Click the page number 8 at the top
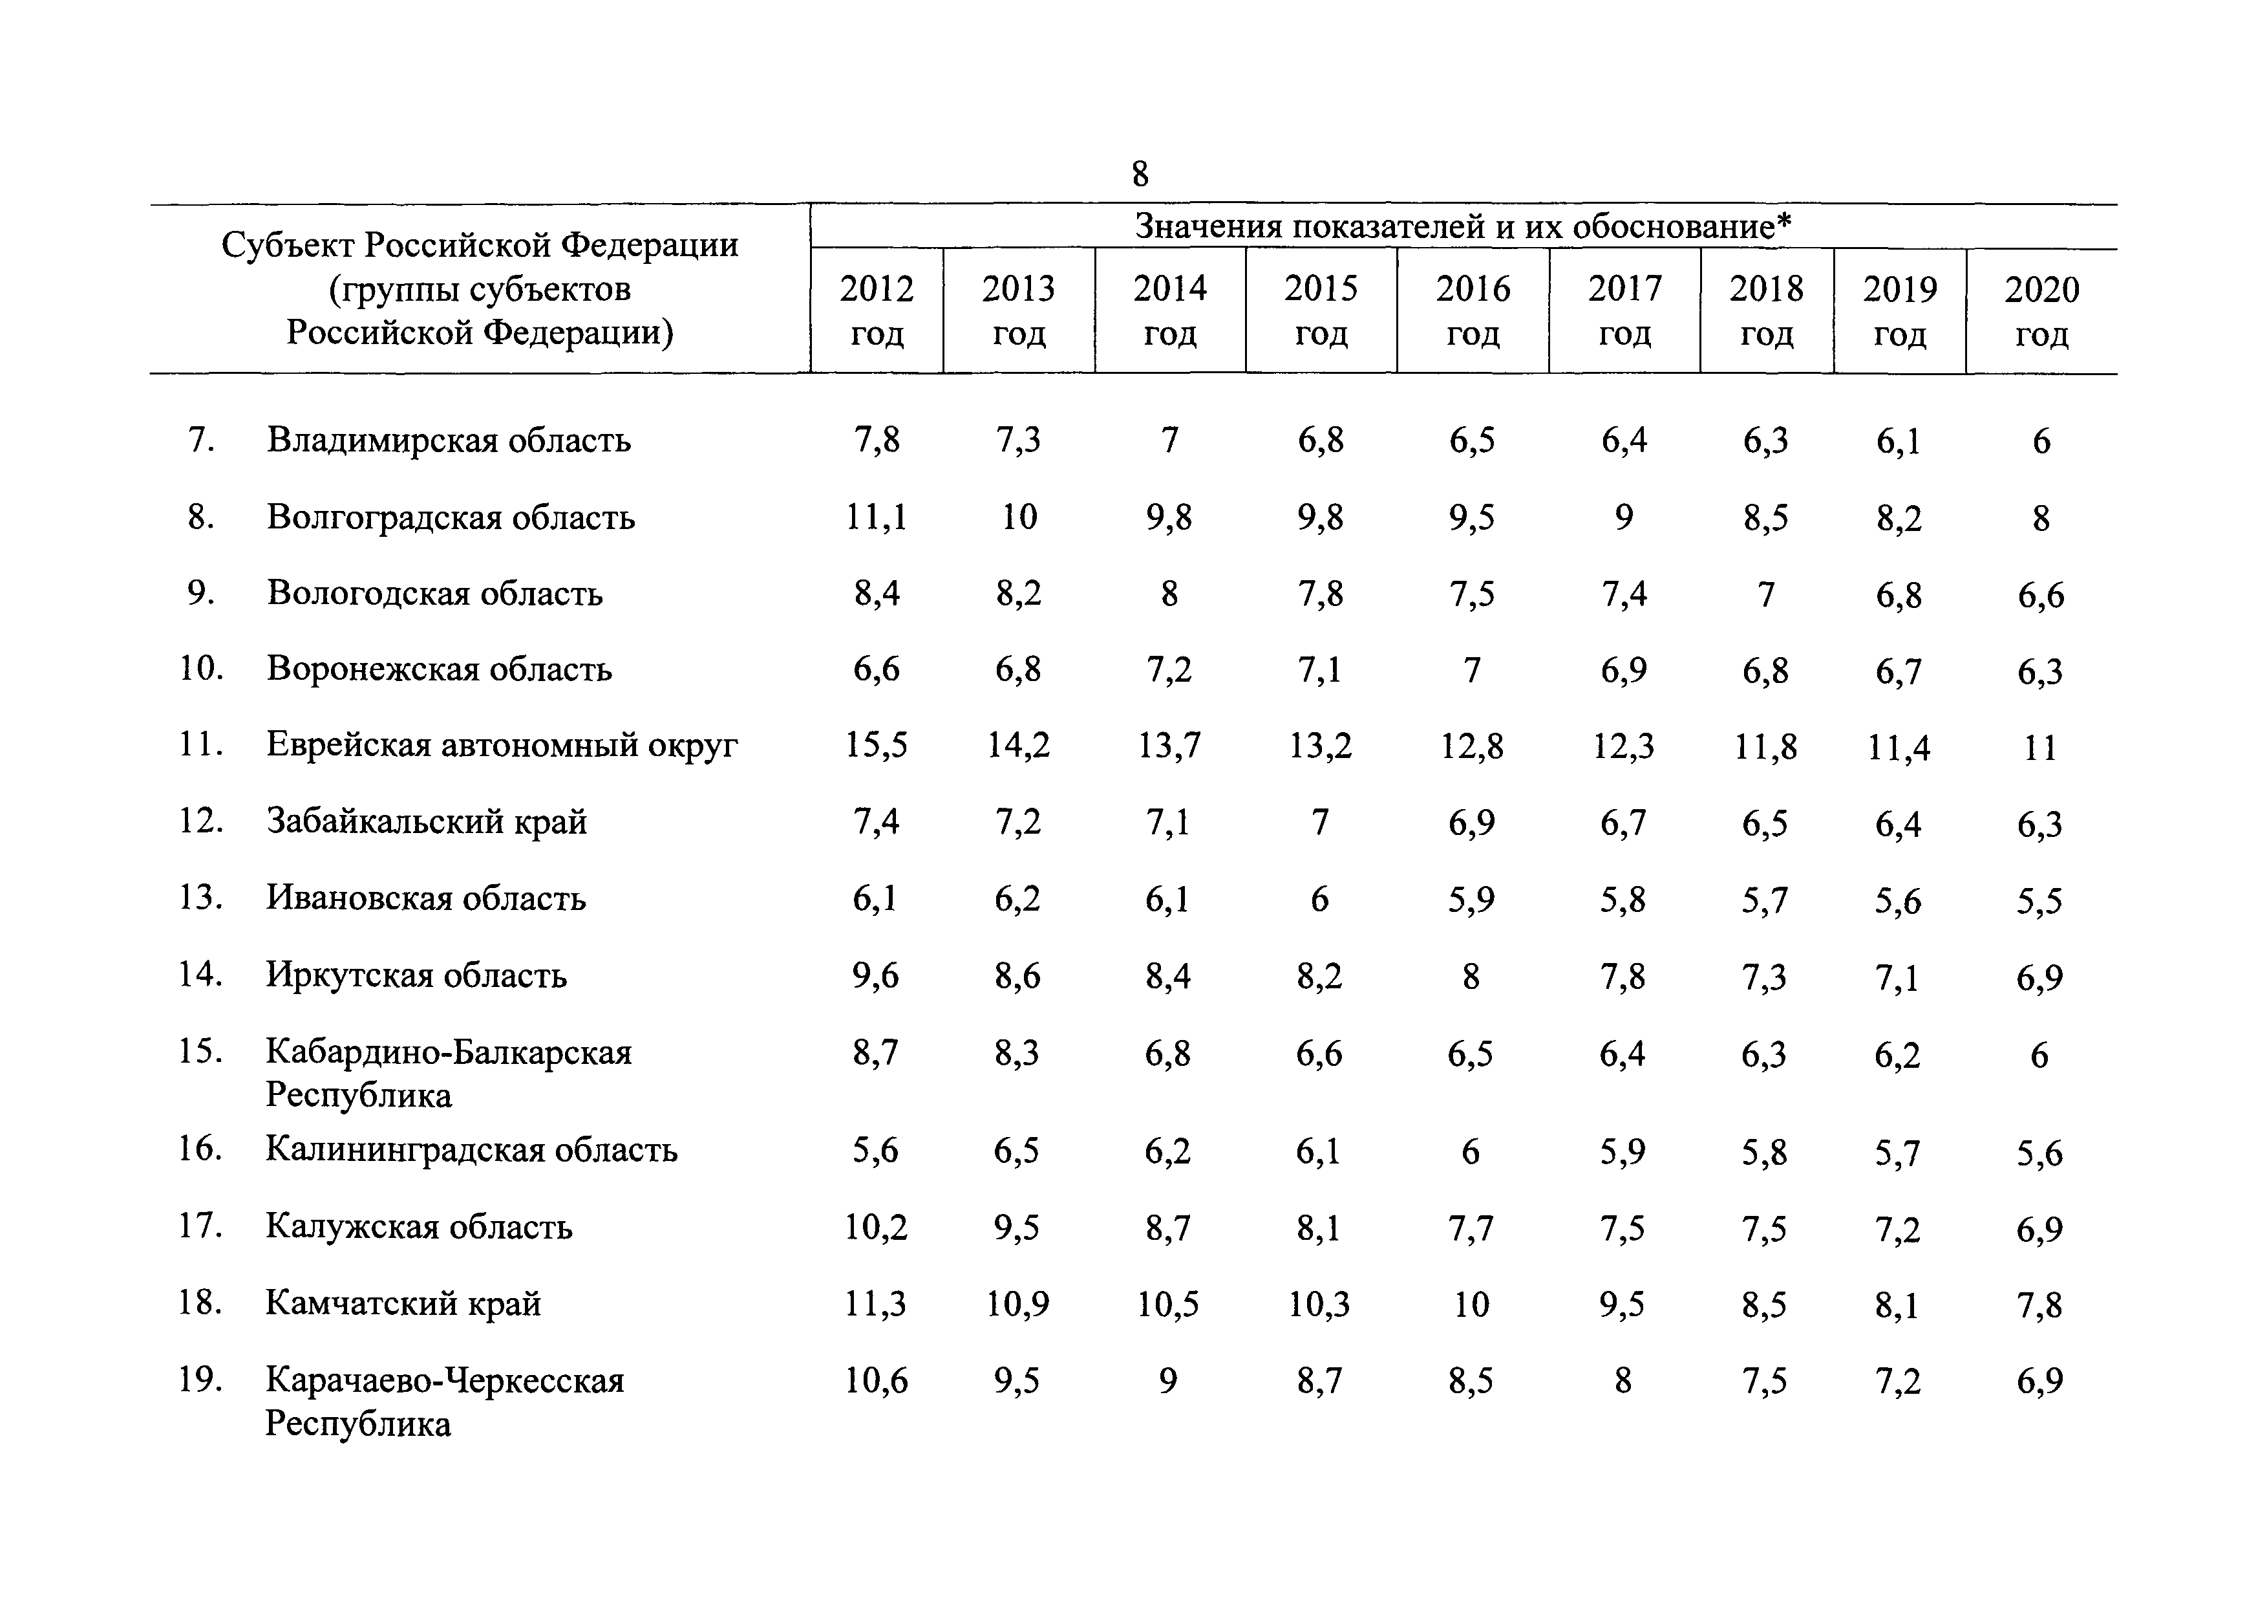coord(1140,174)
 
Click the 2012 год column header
coord(877,310)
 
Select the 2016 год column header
coord(1472,310)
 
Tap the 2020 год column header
coord(2041,311)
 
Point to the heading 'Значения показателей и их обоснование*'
coord(1463,226)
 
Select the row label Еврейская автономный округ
coord(502,744)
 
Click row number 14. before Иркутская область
coord(200,975)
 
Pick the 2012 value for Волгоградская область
coord(876,517)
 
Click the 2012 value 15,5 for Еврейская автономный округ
coord(876,744)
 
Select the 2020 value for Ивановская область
coord(2040,900)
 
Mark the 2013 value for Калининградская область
coord(1017,1151)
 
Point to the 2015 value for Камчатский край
coord(1319,1304)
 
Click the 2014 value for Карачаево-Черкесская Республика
coord(1168,1380)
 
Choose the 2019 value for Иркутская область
coord(1898,977)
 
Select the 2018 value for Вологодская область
coord(1765,594)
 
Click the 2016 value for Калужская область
coord(1471,1228)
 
